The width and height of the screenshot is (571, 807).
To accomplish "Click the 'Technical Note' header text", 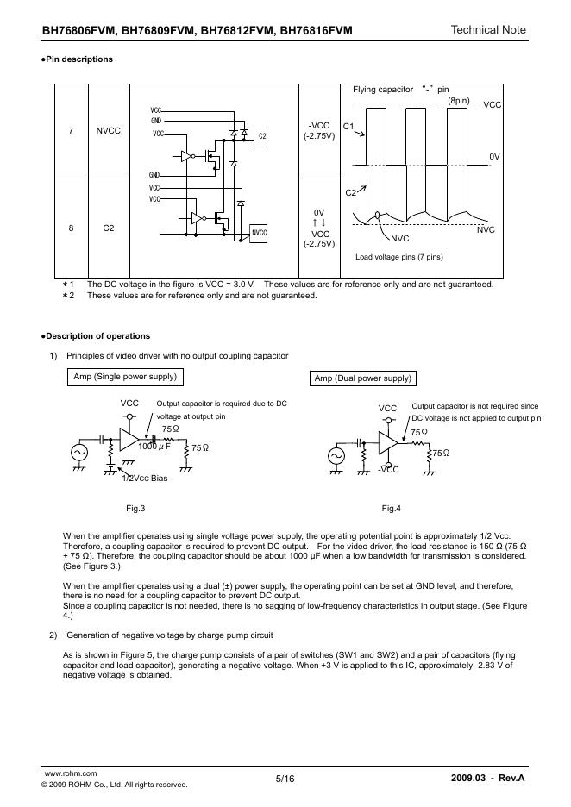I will (x=487, y=30).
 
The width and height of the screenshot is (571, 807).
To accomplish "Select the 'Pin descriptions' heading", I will (x=78, y=59).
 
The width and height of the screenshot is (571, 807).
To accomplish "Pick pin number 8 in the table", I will (x=71, y=228).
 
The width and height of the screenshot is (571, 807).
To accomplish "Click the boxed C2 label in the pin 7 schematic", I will (x=261, y=135).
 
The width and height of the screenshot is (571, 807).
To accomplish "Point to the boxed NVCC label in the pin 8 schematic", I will (x=260, y=233).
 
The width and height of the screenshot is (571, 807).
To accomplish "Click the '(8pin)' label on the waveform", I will (x=458, y=102).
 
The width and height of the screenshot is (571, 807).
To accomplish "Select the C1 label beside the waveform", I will (x=348, y=127).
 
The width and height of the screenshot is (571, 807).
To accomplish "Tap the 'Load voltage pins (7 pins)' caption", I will (x=398, y=257).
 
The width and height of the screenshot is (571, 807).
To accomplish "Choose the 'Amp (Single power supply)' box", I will (x=125, y=377).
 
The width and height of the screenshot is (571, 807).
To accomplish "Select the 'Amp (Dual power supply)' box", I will (x=362, y=378).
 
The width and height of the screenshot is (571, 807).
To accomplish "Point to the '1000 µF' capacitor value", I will (x=154, y=447).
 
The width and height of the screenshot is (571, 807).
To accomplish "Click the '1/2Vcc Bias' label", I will (x=144, y=479).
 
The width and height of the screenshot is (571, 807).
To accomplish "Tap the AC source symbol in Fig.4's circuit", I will (x=333, y=454).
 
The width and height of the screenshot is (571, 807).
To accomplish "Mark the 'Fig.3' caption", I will (x=135, y=508).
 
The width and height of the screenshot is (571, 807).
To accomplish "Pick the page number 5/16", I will (x=285, y=779).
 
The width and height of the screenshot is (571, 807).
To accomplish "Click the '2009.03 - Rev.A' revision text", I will (x=487, y=779).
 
